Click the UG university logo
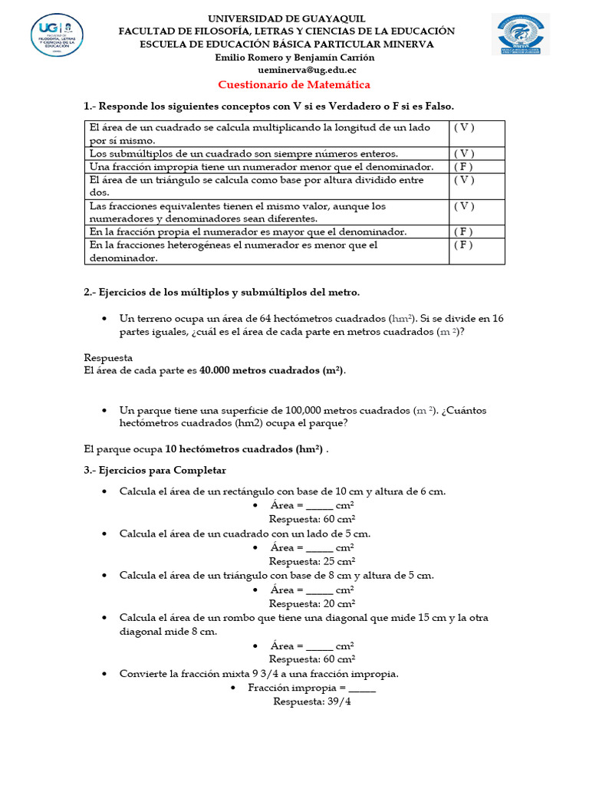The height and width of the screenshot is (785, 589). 58,34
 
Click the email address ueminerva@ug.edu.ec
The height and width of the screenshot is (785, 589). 296,70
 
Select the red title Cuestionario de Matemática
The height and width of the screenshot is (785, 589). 294,85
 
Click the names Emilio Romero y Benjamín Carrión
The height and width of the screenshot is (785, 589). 295,57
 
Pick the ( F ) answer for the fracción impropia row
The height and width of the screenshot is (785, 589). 463,167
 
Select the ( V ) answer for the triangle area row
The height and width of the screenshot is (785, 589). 463,180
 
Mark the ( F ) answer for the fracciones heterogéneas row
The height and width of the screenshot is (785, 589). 463,245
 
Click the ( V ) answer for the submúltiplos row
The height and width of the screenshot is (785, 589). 463,153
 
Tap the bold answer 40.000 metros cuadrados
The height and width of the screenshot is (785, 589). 271,371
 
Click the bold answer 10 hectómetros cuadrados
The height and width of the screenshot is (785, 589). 244,449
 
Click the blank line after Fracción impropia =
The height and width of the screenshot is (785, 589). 362,688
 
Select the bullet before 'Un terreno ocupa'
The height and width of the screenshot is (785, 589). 104,318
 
